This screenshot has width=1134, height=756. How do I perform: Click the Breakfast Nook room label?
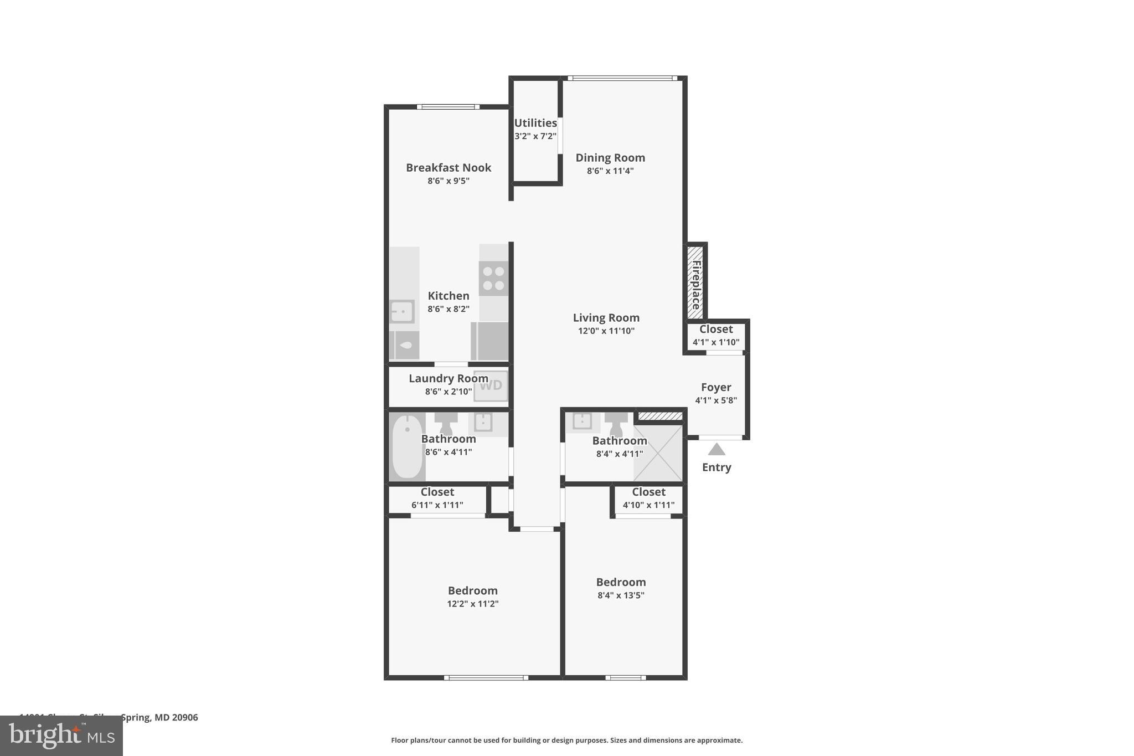click(448, 167)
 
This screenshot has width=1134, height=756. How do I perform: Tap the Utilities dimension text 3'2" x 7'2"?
click(535, 136)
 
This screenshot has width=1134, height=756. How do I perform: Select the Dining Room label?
click(610, 158)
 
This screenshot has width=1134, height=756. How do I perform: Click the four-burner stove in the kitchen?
click(493, 279)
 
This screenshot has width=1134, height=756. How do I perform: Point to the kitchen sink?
click(401, 312)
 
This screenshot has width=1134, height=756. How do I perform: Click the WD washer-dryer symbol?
click(491, 385)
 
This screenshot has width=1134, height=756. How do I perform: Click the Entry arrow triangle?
click(716, 449)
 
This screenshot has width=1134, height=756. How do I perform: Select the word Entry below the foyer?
click(716, 467)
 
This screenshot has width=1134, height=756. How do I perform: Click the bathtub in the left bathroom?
click(407, 446)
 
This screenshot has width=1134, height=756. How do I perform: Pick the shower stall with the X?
click(658, 452)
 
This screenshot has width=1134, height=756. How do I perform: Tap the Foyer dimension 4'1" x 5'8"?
click(715, 400)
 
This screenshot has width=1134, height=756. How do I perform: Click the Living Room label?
click(606, 318)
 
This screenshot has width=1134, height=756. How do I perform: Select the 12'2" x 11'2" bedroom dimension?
click(472, 604)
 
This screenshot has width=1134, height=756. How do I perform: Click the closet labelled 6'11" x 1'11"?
click(437, 498)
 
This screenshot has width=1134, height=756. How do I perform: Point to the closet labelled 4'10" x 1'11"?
click(648, 498)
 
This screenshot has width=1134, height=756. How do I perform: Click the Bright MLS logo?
click(61, 736)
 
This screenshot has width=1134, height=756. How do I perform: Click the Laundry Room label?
click(448, 378)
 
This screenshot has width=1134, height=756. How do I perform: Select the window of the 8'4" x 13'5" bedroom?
click(625, 677)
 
